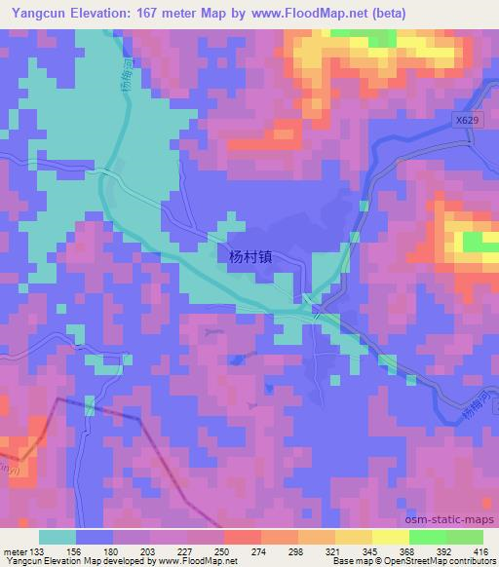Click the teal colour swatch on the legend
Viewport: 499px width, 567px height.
pyautogui.click(x=58, y=536)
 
